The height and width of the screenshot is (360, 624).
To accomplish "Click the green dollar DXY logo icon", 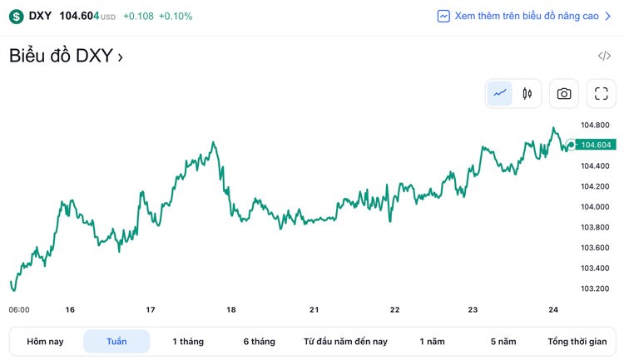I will [17, 16].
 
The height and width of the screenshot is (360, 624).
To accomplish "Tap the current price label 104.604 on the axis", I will [596, 145].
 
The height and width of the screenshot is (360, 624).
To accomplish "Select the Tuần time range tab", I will [116, 342].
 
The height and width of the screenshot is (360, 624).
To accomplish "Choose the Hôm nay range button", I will [45, 342].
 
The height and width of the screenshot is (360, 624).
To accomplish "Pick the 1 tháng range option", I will [188, 342].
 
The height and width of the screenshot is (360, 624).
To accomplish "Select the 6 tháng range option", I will [259, 342].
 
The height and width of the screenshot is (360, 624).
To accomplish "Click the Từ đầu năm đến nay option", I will [345, 342].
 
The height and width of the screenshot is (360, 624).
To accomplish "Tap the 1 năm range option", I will [432, 342].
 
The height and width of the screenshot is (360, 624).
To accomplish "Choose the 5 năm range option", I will [503, 342].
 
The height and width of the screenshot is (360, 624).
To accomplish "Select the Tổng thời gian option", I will [577, 342].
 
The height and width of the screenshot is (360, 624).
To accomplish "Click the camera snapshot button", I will [564, 94].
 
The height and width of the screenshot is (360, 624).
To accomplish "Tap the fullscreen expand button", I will [602, 94].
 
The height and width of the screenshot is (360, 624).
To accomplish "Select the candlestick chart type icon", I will [527, 94].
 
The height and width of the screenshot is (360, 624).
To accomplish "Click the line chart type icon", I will [500, 94].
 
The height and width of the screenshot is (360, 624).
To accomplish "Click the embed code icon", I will [604, 57].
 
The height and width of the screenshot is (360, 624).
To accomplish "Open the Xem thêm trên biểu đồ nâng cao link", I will [526, 16].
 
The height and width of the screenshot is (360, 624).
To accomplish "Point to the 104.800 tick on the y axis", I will [596, 126].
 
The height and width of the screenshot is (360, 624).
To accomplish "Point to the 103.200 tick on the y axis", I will [596, 289].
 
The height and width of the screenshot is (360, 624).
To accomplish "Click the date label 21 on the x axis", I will [314, 310].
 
